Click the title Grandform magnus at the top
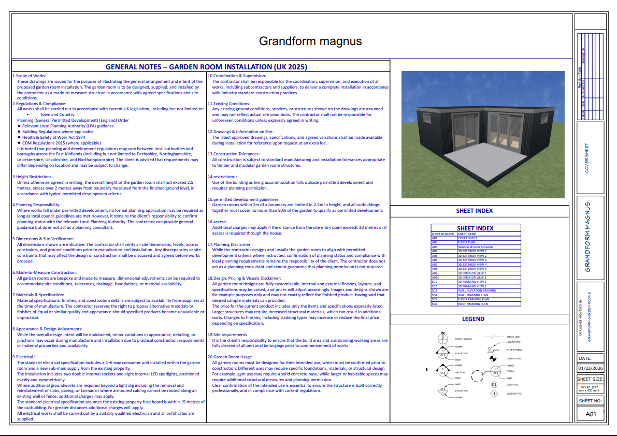coord(310,41)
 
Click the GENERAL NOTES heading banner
coord(206,67)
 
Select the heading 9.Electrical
coord(24,357)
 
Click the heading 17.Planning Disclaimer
coord(230,244)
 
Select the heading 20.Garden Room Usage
coord(229,357)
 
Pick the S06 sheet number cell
coord(435,304)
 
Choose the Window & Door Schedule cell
coord(476,247)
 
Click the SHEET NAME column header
coord(467,234)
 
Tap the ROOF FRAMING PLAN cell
coord(472,304)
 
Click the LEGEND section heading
coord(473,319)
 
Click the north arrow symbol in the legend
coord(443,339)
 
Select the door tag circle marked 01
coord(494,385)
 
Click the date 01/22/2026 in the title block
coord(591,369)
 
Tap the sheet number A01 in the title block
coord(591,414)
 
